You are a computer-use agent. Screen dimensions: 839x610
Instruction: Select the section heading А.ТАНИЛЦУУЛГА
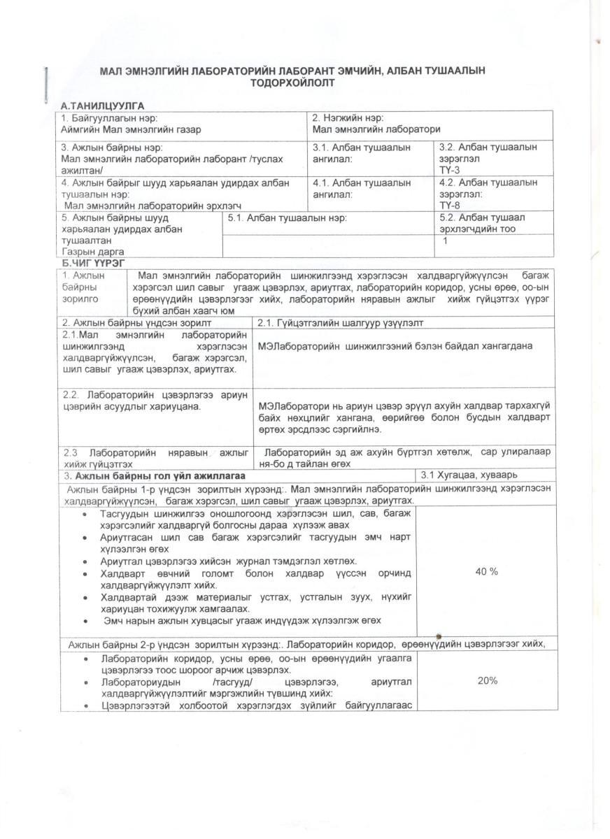pyautogui.click(x=103, y=106)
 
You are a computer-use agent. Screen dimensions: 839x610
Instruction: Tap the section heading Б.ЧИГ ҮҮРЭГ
pyautogui.click(x=93, y=262)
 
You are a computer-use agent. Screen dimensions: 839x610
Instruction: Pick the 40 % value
pyautogui.click(x=486, y=572)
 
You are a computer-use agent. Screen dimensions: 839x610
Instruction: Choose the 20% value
pyautogui.click(x=487, y=680)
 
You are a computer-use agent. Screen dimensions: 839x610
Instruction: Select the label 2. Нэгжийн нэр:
pyautogui.click(x=348, y=117)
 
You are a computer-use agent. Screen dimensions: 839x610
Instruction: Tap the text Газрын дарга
pyautogui.click(x=93, y=251)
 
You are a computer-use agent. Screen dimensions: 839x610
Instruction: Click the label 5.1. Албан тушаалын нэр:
pyautogui.click(x=288, y=217)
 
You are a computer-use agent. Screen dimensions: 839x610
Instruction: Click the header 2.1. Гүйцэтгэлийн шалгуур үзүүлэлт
pyautogui.click(x=340, y=322)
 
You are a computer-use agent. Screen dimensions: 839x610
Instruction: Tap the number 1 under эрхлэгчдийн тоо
pyautogui.click(x=446, y=241)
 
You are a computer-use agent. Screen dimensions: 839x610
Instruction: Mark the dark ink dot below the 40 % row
pyautogui.click(x=439, y=636)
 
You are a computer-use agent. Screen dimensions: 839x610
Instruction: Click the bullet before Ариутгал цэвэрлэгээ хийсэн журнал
pyautogui.click(x=85, y=561)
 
